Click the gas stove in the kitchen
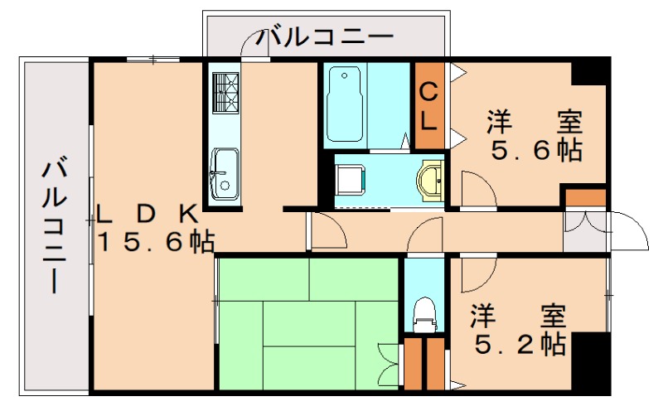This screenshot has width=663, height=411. coord(225,91)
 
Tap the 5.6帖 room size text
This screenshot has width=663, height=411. coord(535,151)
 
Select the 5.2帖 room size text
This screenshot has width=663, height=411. coord(520,342)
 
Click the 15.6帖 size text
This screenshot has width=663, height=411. coord(157,242)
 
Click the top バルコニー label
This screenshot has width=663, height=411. coord(324,37)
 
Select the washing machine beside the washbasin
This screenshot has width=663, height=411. coord(351,179)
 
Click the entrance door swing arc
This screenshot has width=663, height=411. coord(630,229)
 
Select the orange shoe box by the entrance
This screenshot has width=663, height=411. coord(585,198)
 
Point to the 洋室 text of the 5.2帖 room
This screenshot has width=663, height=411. coord(520,316)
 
